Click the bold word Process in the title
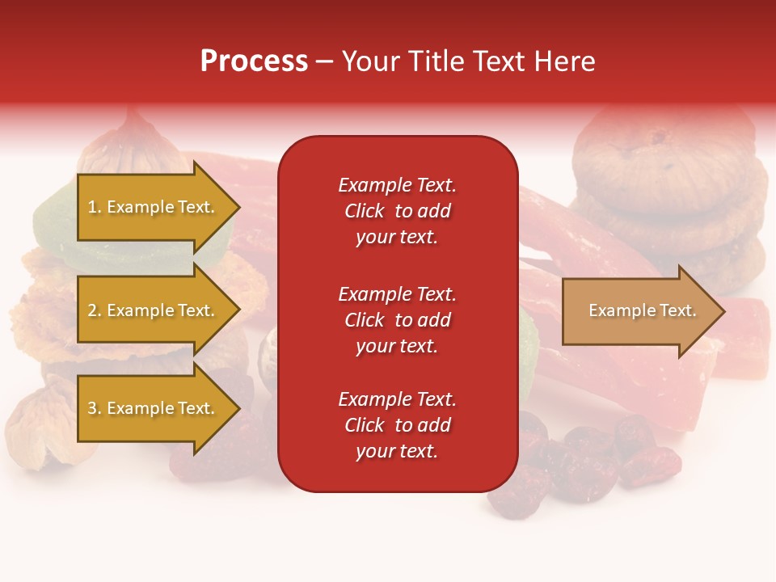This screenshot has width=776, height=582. coord(254,61)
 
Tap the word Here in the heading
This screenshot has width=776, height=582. coord(562,61)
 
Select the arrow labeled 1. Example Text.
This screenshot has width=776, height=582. coord(154,207)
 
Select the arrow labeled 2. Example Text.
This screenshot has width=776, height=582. coord(154,310)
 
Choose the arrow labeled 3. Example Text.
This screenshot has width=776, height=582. coord(154,408)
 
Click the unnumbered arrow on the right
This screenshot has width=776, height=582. coord(639,311)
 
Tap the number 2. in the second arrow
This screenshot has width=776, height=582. coord(95,310)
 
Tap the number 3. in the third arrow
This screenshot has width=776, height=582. coord(95,408)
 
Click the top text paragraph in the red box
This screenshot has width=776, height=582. coord(397,211)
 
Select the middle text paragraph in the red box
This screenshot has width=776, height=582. coord(397,320)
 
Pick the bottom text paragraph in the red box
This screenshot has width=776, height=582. coord(397,425)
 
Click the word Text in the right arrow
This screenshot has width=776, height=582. coord(677,310)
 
